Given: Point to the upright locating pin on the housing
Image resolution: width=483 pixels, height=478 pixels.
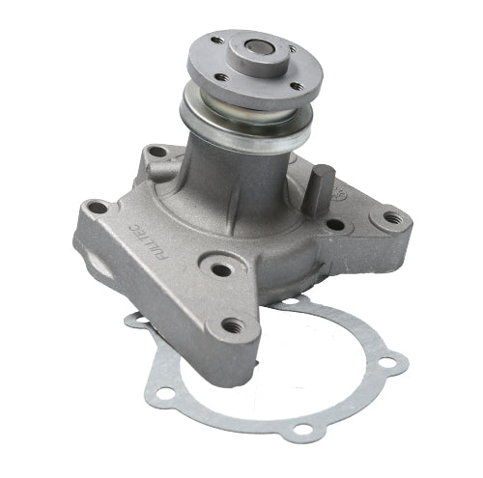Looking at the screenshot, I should [x=323, y=189].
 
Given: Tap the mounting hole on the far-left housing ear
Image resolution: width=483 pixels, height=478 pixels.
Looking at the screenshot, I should [x=98, y=207].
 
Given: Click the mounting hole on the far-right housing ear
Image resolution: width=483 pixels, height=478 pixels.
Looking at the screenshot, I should [x=390, y=217].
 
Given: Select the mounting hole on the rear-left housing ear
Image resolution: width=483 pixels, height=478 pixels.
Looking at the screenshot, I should [x=156, y=152].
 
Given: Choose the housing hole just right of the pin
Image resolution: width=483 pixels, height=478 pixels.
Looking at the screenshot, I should [x=334, y=224].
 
